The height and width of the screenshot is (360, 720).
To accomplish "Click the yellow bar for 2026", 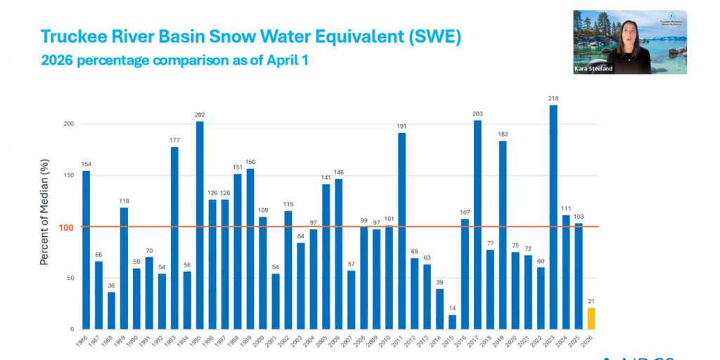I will click(x=591, y=319).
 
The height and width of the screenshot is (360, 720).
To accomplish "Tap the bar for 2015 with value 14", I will click(x=452, y=322).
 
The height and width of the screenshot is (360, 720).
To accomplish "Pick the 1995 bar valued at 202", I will click(x=200, y=225).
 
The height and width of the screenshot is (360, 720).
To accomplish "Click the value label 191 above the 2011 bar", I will click(x=401, y=126).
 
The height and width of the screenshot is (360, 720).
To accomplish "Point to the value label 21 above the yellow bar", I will click(x=591, y=301).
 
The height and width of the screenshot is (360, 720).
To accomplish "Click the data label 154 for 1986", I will click(x=86, y=164).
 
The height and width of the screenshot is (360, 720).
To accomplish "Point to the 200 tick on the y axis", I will click(x=68, y=124).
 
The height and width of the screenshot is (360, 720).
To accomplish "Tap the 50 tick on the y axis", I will click(x=70, y=278).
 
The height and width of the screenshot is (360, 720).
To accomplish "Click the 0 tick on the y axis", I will click(x=72, y=329).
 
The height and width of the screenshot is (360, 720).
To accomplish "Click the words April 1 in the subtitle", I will click(x=288, y=60).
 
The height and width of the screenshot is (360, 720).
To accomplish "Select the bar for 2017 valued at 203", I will click(x=477, y=225).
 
